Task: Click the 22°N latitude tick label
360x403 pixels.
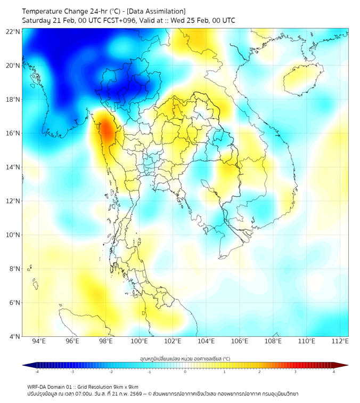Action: coord(13,31)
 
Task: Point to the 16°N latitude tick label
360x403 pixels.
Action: coord(13,133)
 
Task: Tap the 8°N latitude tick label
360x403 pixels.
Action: coord(15,269)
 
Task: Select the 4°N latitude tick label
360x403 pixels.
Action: coord(15,336)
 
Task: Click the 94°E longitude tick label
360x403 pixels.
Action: coord(39,342)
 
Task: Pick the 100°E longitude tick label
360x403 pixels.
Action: coord(139,342)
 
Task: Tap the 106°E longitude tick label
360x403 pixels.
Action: coord(240,342)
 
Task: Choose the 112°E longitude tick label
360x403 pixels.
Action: coord(340,342)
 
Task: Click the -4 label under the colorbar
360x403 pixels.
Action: coord(37,372)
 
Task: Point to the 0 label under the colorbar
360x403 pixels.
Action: coord(185,372)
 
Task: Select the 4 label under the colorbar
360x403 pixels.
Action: coord(334,372)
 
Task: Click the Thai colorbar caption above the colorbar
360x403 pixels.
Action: coord(185,359)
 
